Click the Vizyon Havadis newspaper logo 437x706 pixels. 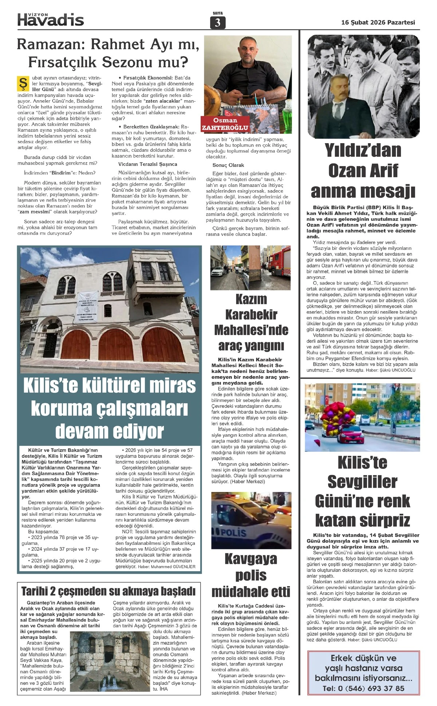(x=51, y=19)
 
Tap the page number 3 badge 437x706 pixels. (x=217, y=23)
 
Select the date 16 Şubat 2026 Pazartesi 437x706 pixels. (x=378, y=23)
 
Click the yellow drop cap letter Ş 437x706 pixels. (x=22, y=83)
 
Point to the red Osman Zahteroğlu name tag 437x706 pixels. (x=225, y=124)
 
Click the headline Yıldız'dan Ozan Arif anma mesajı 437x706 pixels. (x=363, y=171)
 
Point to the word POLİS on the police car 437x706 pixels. (x=233, y=533)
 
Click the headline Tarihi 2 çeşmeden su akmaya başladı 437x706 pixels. (x=108, y=591)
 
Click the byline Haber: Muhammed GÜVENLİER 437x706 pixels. (x=167, y=566)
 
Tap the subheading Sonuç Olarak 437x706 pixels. (x=228, y=165)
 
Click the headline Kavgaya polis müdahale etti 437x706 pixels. (x=251, y=575)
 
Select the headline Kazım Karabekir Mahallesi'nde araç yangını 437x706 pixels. (x=251, y=322)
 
